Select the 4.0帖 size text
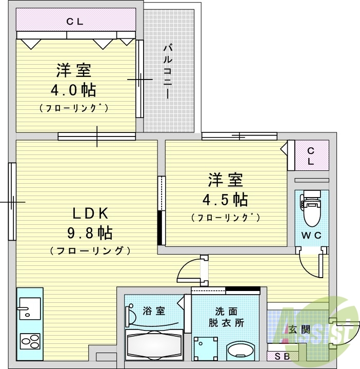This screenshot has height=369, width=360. (x=73, y=90)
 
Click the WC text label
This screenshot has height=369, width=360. (x=311, y=236)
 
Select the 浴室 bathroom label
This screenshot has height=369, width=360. (x=153, y=310)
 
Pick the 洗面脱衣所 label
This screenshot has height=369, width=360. (x=226, y=317)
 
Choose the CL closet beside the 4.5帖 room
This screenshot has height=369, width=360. (x=311, y=155)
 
